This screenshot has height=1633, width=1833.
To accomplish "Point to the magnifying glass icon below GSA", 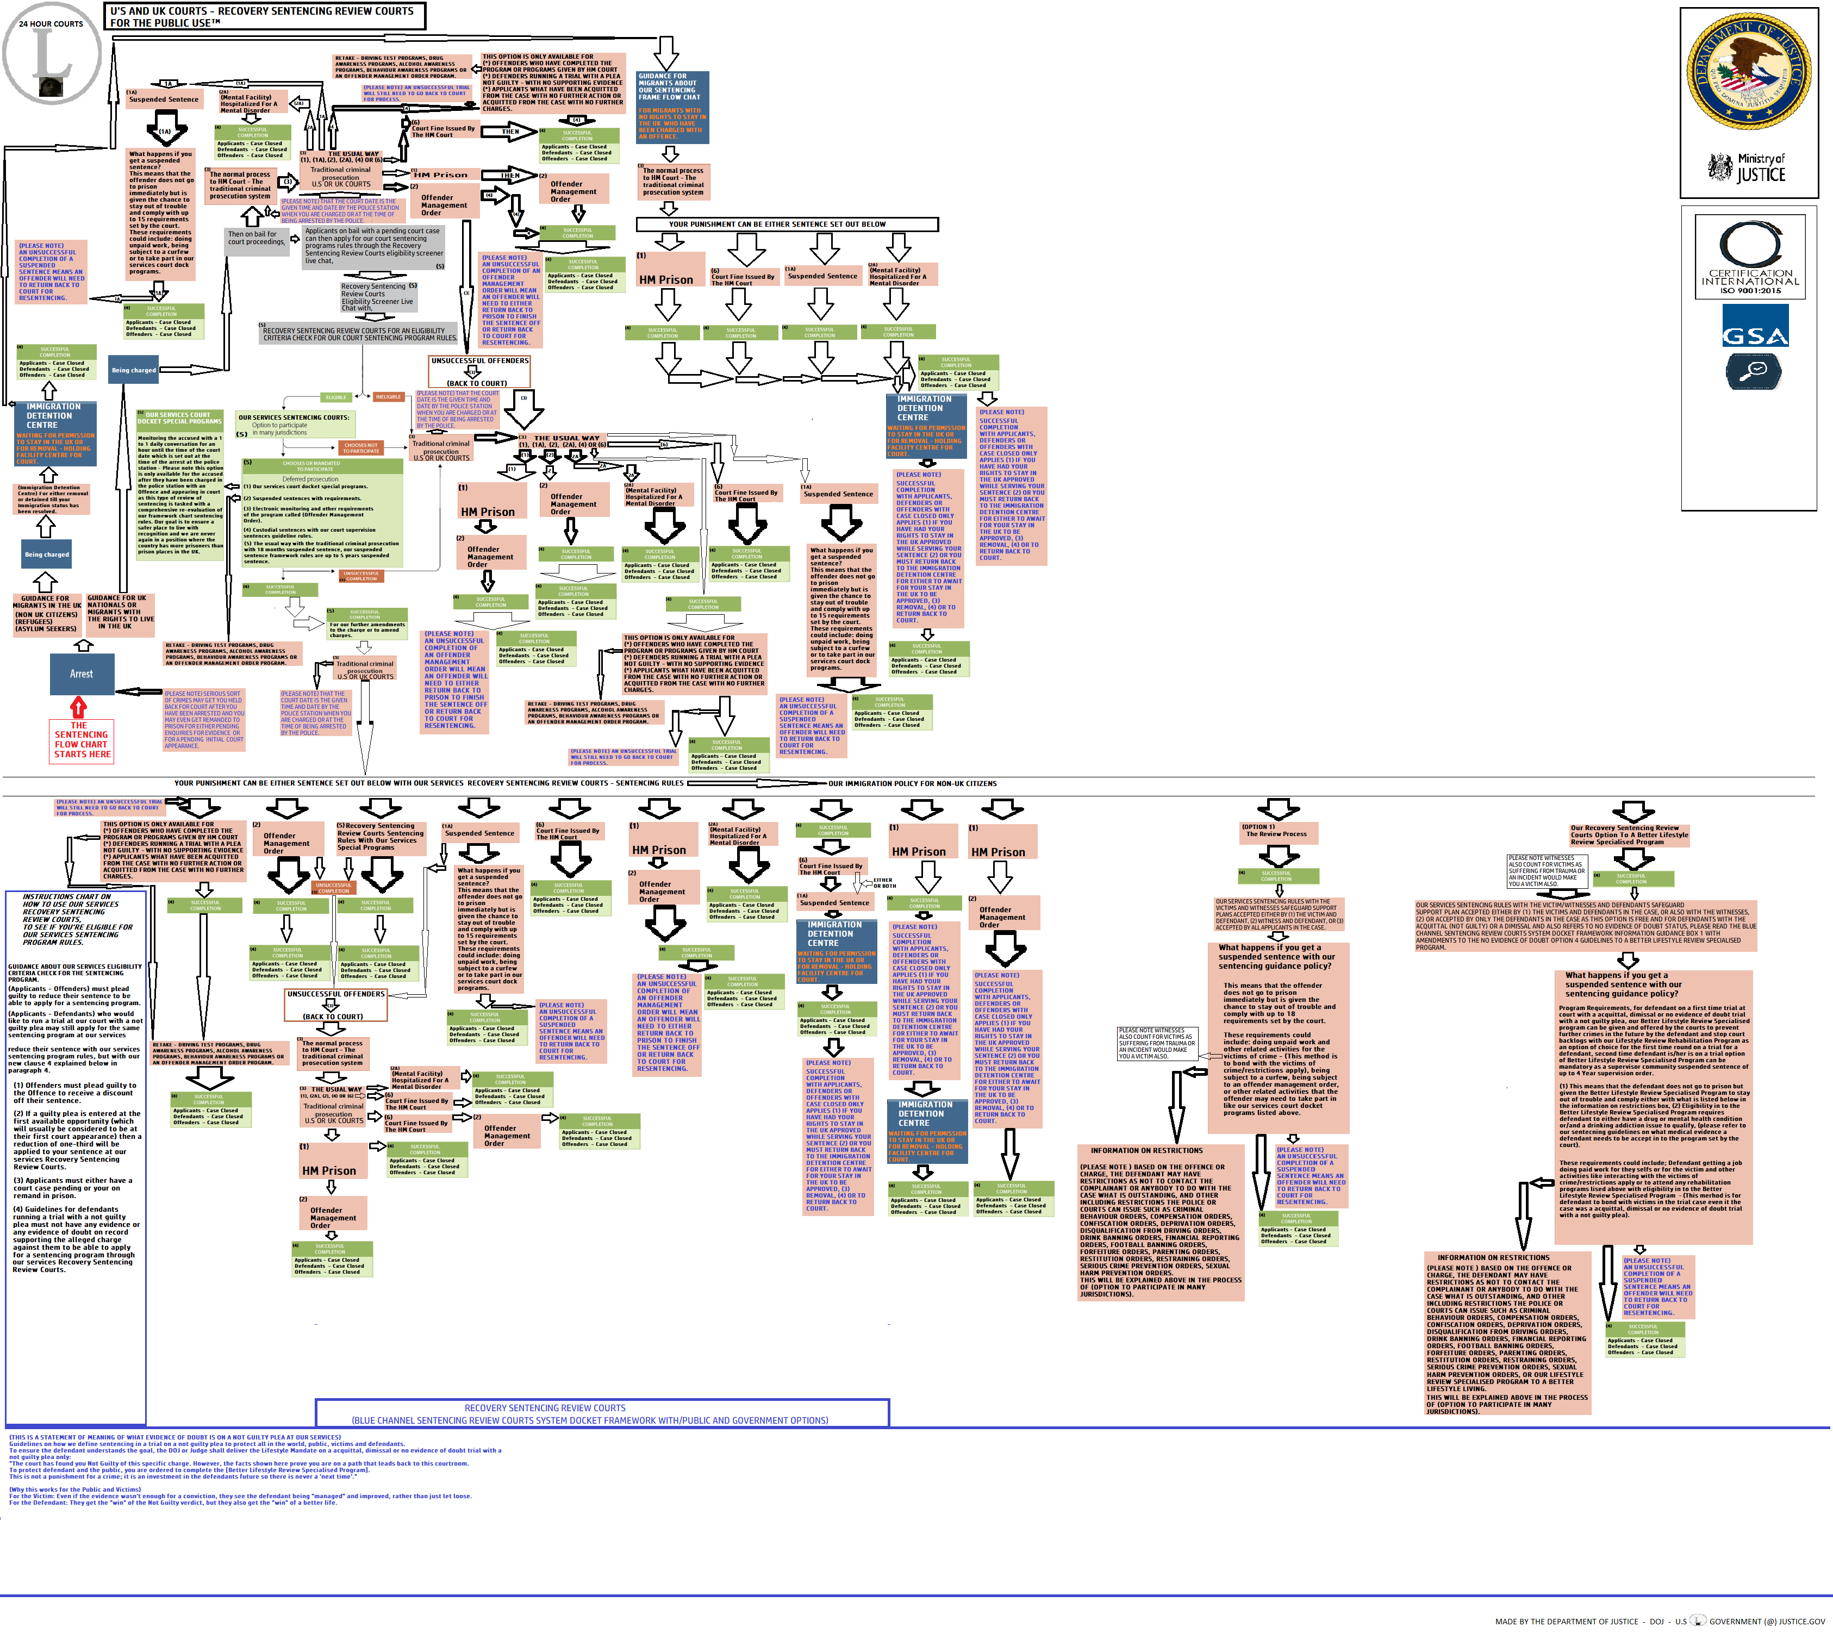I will pyautogui.click(x=1753, y=371).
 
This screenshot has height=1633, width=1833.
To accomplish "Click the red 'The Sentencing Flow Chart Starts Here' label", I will pyautogui.click(x=82, y=740).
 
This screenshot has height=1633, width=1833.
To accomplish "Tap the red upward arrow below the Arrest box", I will pyautogui.click(x=79, y=708).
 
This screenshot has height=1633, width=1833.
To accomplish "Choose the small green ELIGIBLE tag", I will pyautogui.click(x=335, y=397).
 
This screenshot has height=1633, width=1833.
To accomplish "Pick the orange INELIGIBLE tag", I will pyautogui.click(x=389, y=397).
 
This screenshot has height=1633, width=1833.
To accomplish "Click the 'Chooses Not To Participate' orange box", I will pyautogui.click(x=361, y=448).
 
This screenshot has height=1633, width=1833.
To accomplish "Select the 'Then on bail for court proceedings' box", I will pyautogui.click(x=255, y=238).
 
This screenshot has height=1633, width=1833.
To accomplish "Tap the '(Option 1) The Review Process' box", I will pyautogui.click(x=1276, y=831).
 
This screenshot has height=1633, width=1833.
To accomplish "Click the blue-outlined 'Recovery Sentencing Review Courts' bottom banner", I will pyautogui.click(x=602, y=1413).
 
